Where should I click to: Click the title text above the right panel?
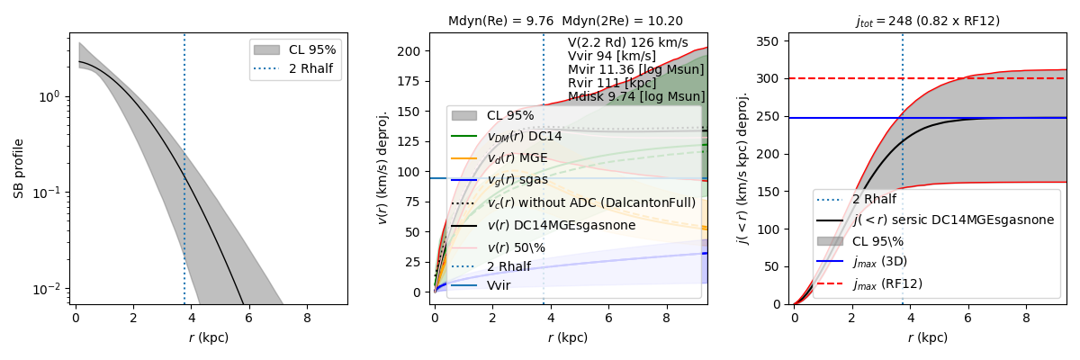927,22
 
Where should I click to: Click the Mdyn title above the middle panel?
565,22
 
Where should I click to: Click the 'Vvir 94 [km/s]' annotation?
612,56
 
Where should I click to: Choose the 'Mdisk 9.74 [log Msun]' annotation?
635,96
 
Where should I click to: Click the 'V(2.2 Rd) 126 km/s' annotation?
627,42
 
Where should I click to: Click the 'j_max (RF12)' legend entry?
886,284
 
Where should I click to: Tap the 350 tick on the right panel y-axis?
770,41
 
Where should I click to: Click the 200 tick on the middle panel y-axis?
413,51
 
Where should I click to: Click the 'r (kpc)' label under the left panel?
208,338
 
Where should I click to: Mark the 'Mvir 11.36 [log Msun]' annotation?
635,69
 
